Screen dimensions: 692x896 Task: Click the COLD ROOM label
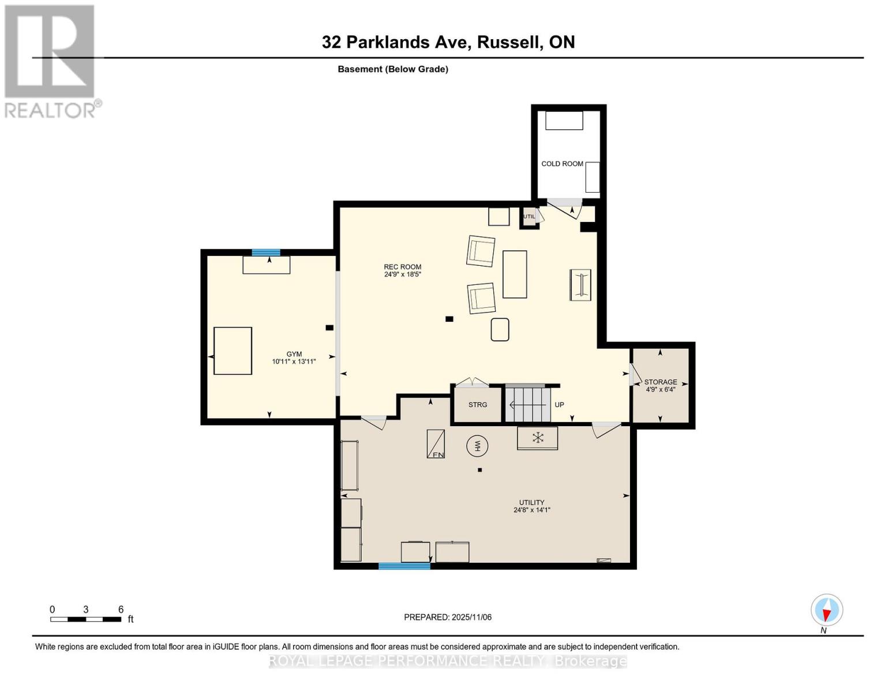point(562,164)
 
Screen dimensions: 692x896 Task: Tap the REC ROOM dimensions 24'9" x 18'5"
point(403,274)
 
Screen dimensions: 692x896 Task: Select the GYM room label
point(294,354)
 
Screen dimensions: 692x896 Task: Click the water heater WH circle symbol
point(477,446)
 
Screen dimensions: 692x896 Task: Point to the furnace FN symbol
point(436,445)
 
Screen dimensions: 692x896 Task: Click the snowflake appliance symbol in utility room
point(537,438)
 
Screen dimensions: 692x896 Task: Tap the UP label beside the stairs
point(559,405)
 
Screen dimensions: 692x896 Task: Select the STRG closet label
point(477,405)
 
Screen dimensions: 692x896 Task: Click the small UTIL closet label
point(528,217)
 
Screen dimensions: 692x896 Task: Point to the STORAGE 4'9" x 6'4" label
point(661,386)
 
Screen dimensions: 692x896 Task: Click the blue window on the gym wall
point(266,253)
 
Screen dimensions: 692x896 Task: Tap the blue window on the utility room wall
point(404,566)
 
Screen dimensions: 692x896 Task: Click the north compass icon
point(827,610)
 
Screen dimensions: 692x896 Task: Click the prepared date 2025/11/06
point(448,617)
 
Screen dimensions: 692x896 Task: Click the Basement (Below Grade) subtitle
point(393,69)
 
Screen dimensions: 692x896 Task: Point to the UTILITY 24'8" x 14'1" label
point(531,506)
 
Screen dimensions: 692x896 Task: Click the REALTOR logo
point(51,61)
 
